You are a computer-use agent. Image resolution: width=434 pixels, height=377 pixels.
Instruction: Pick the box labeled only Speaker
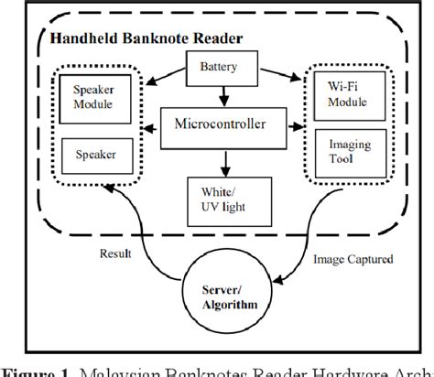point(94,154)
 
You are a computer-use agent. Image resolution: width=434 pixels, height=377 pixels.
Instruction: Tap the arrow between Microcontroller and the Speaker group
point(146,122)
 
